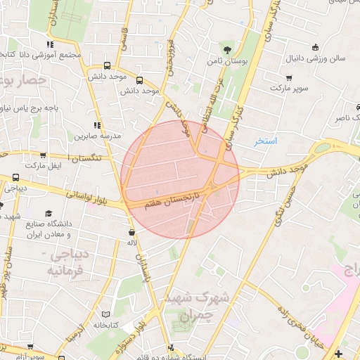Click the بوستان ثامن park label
click(229, 62)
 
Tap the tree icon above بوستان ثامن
click(227, 49)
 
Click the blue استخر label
click(266, 141)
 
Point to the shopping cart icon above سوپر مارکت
click(289, 77)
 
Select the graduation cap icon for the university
click(49, 213)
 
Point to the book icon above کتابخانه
click(106, 313)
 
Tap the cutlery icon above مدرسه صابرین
click(97, 124)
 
